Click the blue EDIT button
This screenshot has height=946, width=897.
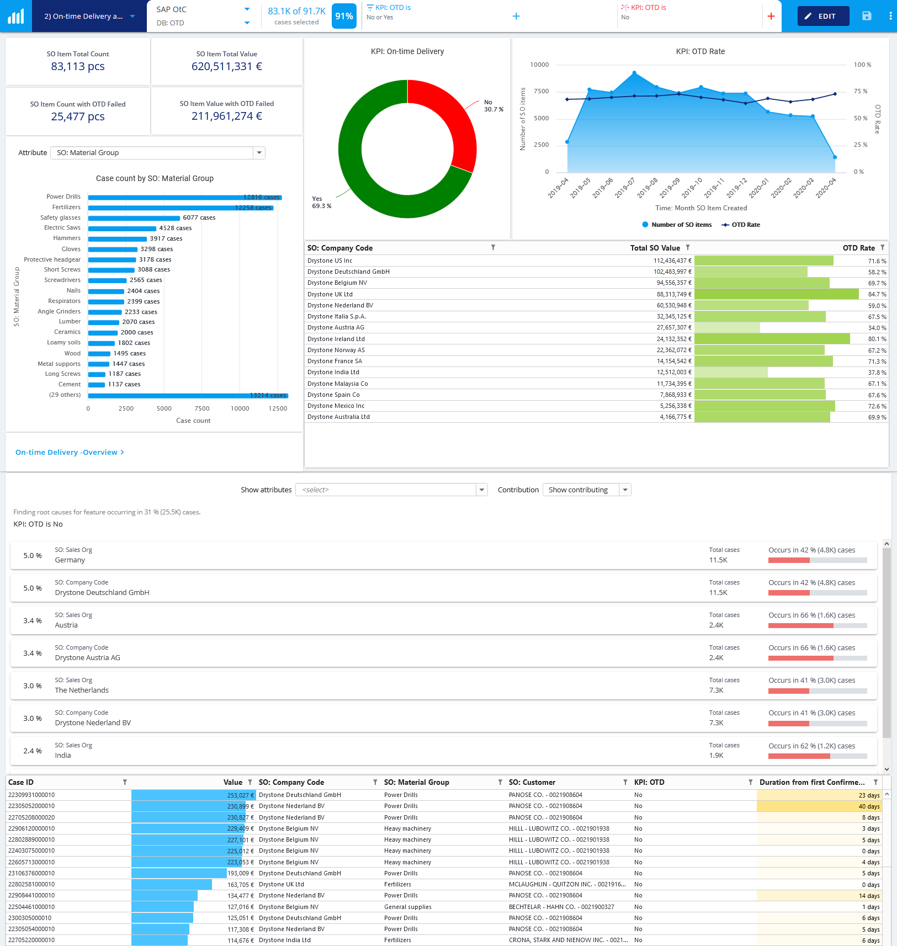[x=822, y=16]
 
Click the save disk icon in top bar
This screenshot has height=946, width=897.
[x=867, y=16]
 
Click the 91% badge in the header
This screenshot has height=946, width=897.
[x=344, y=16]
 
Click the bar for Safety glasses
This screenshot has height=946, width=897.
[x=134, y=218]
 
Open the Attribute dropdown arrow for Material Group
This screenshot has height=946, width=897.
[x=259, y=153]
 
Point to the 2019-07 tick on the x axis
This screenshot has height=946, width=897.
[x=625, y=188]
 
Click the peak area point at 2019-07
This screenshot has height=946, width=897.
[x=634, y=73]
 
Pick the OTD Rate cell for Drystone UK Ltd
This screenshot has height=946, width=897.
[x=877, y=294]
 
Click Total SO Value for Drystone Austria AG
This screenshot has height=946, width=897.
[x=673, y=328]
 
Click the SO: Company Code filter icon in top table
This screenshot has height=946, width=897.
[x=493, y=248]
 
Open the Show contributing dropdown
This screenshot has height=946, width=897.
[x=625, y=490]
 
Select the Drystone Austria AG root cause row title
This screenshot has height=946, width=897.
[x=87, y=658]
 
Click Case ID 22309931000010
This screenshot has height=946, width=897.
[x=31, y=795]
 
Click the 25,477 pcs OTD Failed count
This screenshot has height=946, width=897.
[x=78, y=116]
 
